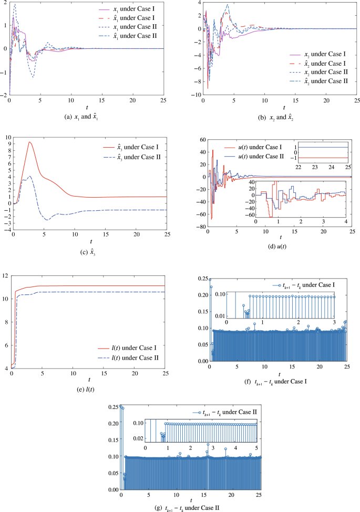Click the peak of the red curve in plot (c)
(30, 142)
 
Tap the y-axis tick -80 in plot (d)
(199, 227)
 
